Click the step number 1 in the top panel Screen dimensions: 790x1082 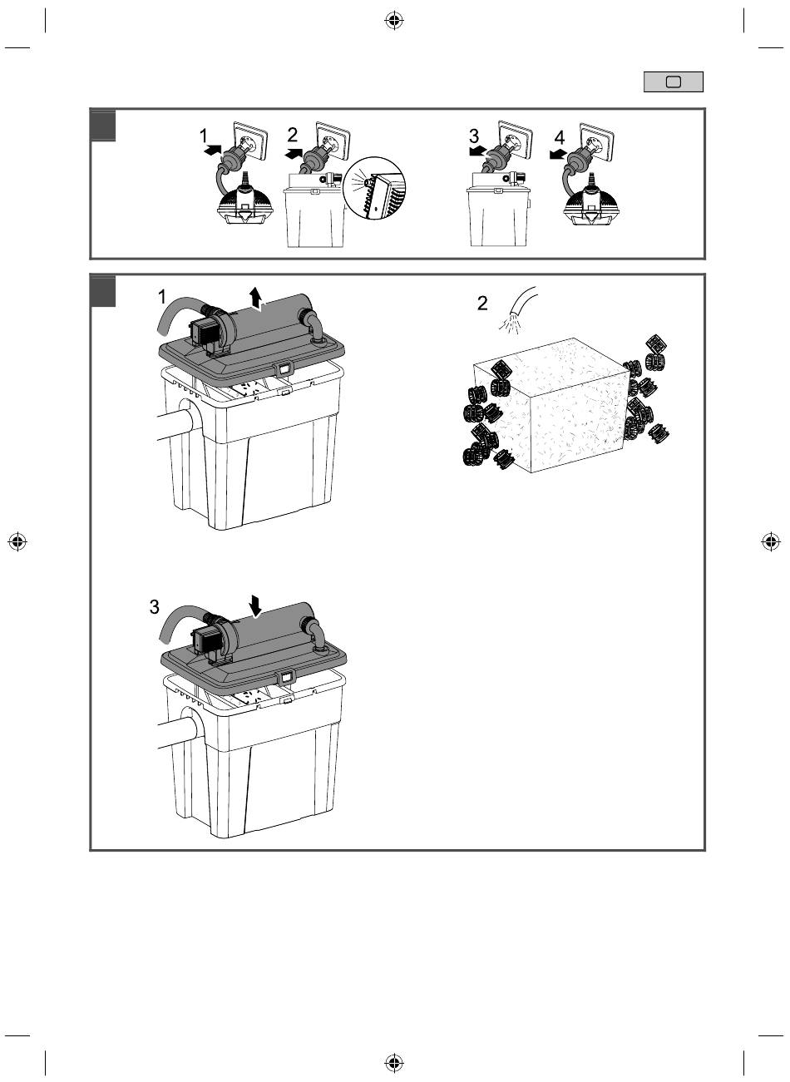pos(205,136)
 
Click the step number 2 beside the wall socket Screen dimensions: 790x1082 pos(293,135)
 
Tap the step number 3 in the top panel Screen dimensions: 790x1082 pos(474,136)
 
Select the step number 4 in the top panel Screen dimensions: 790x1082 pos(560,136)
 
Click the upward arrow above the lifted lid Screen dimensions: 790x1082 pos(257,296)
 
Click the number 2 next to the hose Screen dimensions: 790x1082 pos(483,304)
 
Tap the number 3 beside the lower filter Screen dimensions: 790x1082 pos(155,607)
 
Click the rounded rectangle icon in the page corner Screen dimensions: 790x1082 pos(674,82)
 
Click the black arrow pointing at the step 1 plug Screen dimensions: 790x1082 pos(212,151)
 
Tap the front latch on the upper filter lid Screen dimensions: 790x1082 pos(283,367)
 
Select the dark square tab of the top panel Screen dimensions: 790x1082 pos(103,125)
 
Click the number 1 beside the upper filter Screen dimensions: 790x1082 pos(163,297)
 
